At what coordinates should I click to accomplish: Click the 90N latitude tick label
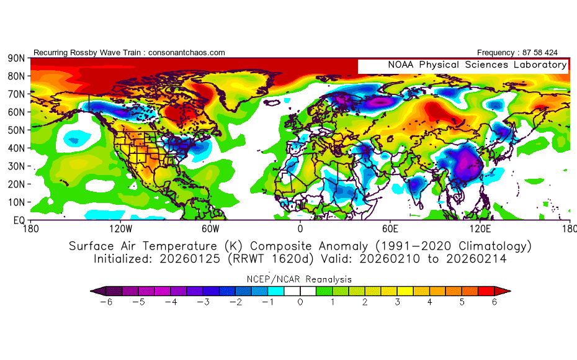[16, 58]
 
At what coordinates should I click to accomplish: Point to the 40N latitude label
[16, 148]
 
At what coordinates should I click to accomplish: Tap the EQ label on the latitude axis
[19, 220]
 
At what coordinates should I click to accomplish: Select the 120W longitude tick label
[121, 229]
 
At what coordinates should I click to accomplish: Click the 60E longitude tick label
[390, 229]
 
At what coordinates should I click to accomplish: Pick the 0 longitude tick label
[300, 229]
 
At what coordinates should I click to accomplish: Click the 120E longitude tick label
[480, 229]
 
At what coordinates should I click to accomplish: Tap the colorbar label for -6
[106, 302]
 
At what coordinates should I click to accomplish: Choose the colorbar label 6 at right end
[494, 302]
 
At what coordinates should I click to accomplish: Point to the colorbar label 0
[300, 302]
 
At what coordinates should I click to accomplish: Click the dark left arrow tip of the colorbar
[91, 291]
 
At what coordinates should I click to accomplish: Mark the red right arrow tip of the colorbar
[510, 291]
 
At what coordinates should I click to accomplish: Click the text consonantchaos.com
[187, 53]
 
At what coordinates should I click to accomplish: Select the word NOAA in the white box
[401, 65]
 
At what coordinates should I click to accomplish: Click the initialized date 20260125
[189, 259]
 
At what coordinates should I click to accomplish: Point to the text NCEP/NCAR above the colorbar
[274, 279]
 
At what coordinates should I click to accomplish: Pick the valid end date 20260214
[476, 259]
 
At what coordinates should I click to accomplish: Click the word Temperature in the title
[180, 246]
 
